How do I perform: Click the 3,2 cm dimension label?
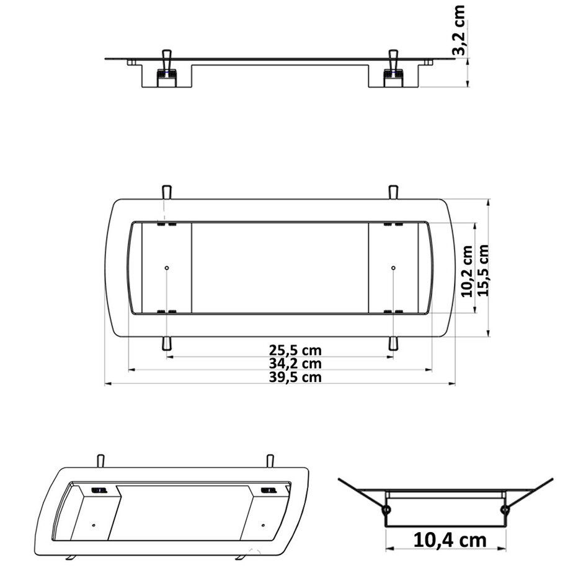point(459,31)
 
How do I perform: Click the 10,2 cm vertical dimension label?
point(468,270)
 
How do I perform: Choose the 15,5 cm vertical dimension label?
point(484,270)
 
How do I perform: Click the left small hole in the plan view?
point(167,268)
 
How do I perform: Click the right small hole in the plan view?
point(393,268)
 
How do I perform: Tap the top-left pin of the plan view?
point(166,191)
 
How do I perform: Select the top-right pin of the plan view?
point(392,191)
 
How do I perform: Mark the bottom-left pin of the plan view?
point(166,344)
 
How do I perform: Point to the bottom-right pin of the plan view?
point(392,344)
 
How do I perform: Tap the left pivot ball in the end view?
point(386,510)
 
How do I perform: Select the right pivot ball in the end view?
point(505,510)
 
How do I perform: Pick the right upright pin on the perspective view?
point(270,461)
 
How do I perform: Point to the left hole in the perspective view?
point(94,525)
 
